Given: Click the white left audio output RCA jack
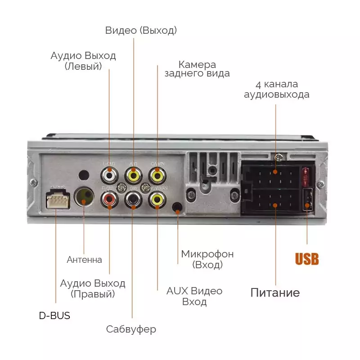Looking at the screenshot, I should tap(109, 173).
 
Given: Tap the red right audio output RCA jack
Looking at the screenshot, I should tap(109, 198).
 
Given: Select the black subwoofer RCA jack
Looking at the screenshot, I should tap(133, 198).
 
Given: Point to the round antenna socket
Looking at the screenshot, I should tap(84, 197).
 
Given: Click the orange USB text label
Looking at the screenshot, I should tap(307, 259).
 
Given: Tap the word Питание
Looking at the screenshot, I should tap(275, 293).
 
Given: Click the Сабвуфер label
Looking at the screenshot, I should tap(131, 329).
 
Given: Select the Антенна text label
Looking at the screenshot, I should tap(84, 260).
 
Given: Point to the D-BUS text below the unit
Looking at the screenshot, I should tap(54, 315).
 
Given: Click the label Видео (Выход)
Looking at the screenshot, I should tap(141, 30).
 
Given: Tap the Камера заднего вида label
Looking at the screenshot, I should tap(197, 69).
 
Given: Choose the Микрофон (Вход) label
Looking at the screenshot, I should tap(207, 259).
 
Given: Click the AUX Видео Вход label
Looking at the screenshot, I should tap(194, 296).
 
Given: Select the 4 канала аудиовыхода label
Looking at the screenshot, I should tap(277, 90).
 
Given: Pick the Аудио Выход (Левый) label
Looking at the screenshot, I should tap(83, 61).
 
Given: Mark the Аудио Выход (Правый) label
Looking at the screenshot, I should tap(93, 289).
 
